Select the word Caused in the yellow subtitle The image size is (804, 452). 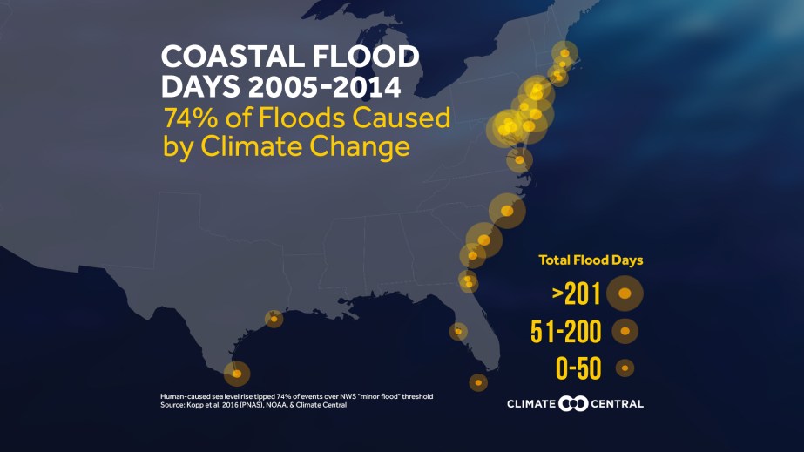[401, 118]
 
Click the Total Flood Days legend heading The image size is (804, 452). [591, 260]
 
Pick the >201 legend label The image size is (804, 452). [577, 295]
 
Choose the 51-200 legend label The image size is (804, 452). [566, 332]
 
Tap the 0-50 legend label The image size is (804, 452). [578, 368]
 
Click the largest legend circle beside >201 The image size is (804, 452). [625, 294]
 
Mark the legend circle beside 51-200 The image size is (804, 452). [625, 331]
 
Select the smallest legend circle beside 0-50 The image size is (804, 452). [625, 368]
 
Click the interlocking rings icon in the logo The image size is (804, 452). [574, 403]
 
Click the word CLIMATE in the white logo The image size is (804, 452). [531, 404]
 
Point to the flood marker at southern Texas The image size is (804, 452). [237, 374]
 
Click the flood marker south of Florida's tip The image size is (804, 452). [478, 381]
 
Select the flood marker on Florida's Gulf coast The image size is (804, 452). [458, 331]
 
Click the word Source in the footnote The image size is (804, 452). [172, 405]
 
